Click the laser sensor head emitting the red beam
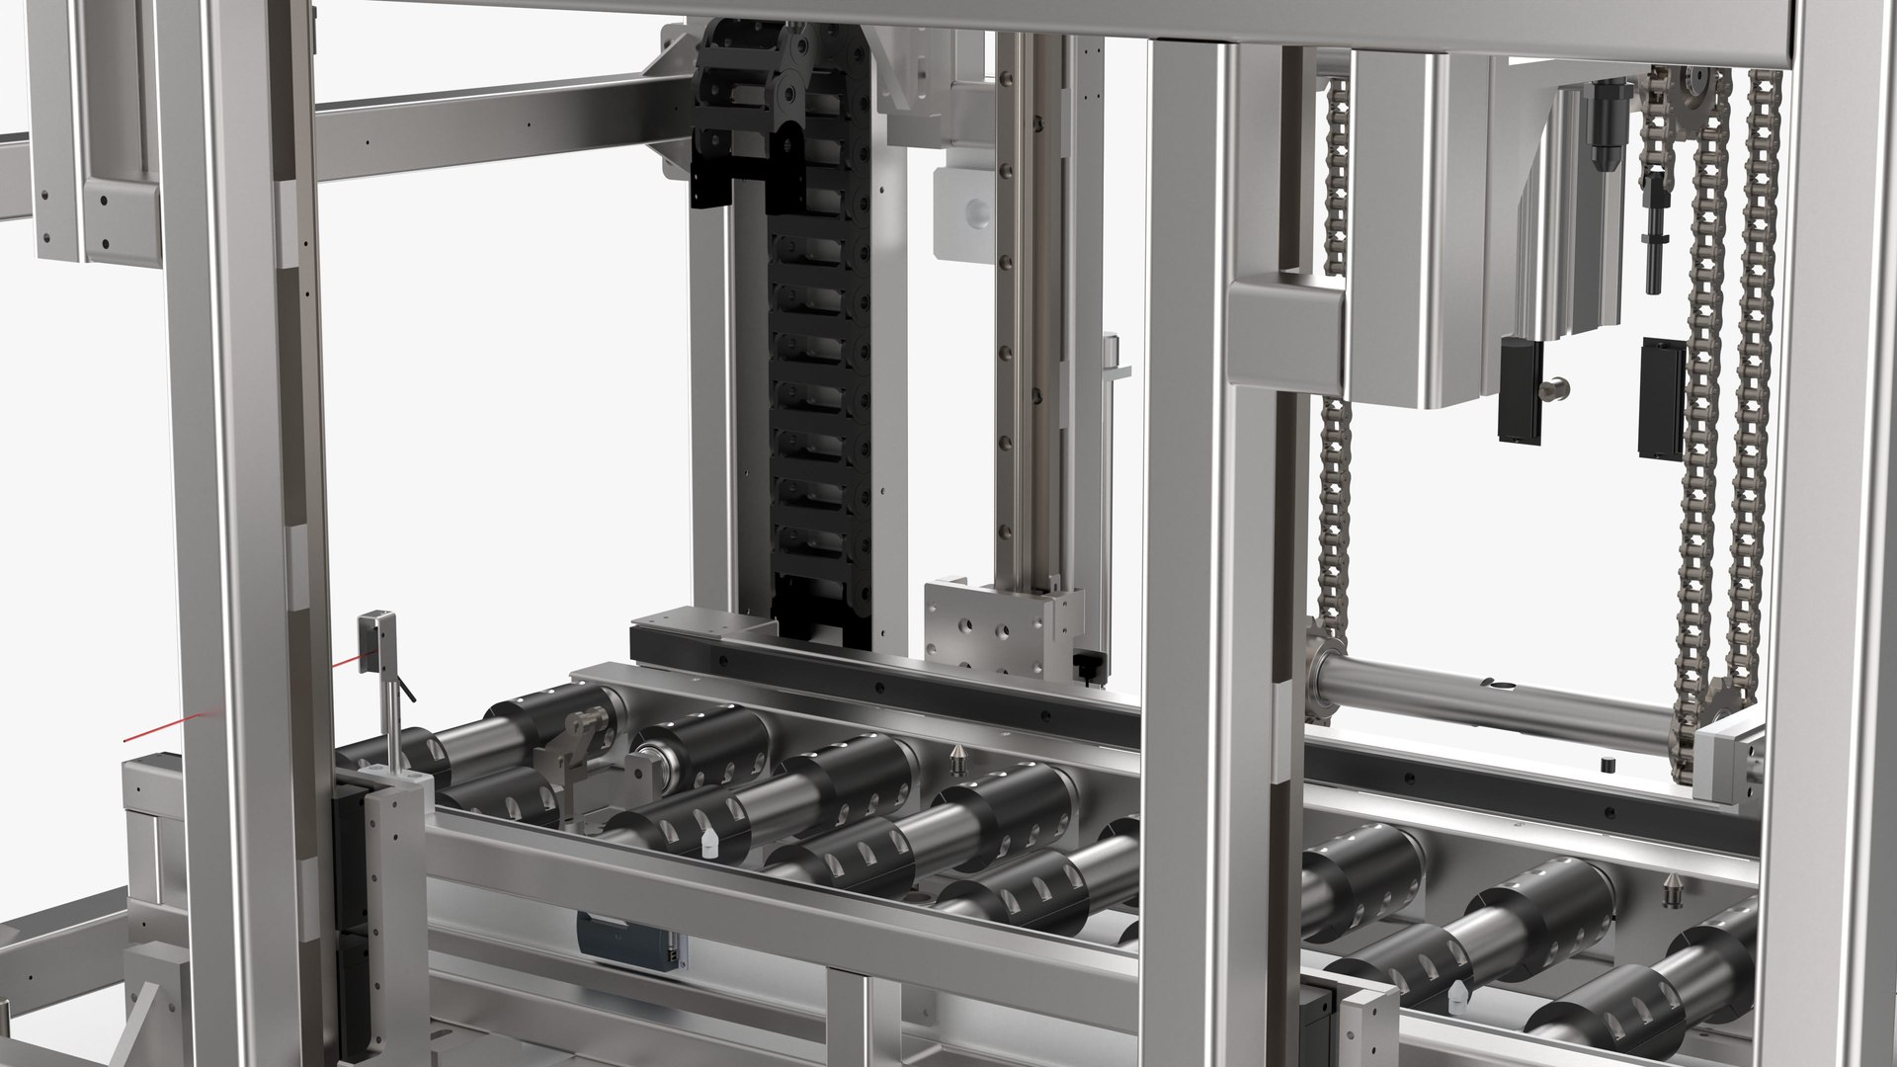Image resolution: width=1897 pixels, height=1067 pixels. pos(376,640)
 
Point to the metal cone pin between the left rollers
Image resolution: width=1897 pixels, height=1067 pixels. pos(957,759)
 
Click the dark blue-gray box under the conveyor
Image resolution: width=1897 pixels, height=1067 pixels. pos(626,939)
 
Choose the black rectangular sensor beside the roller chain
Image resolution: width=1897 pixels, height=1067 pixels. pos(1660,397)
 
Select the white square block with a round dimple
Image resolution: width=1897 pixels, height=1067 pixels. pos(964,211)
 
